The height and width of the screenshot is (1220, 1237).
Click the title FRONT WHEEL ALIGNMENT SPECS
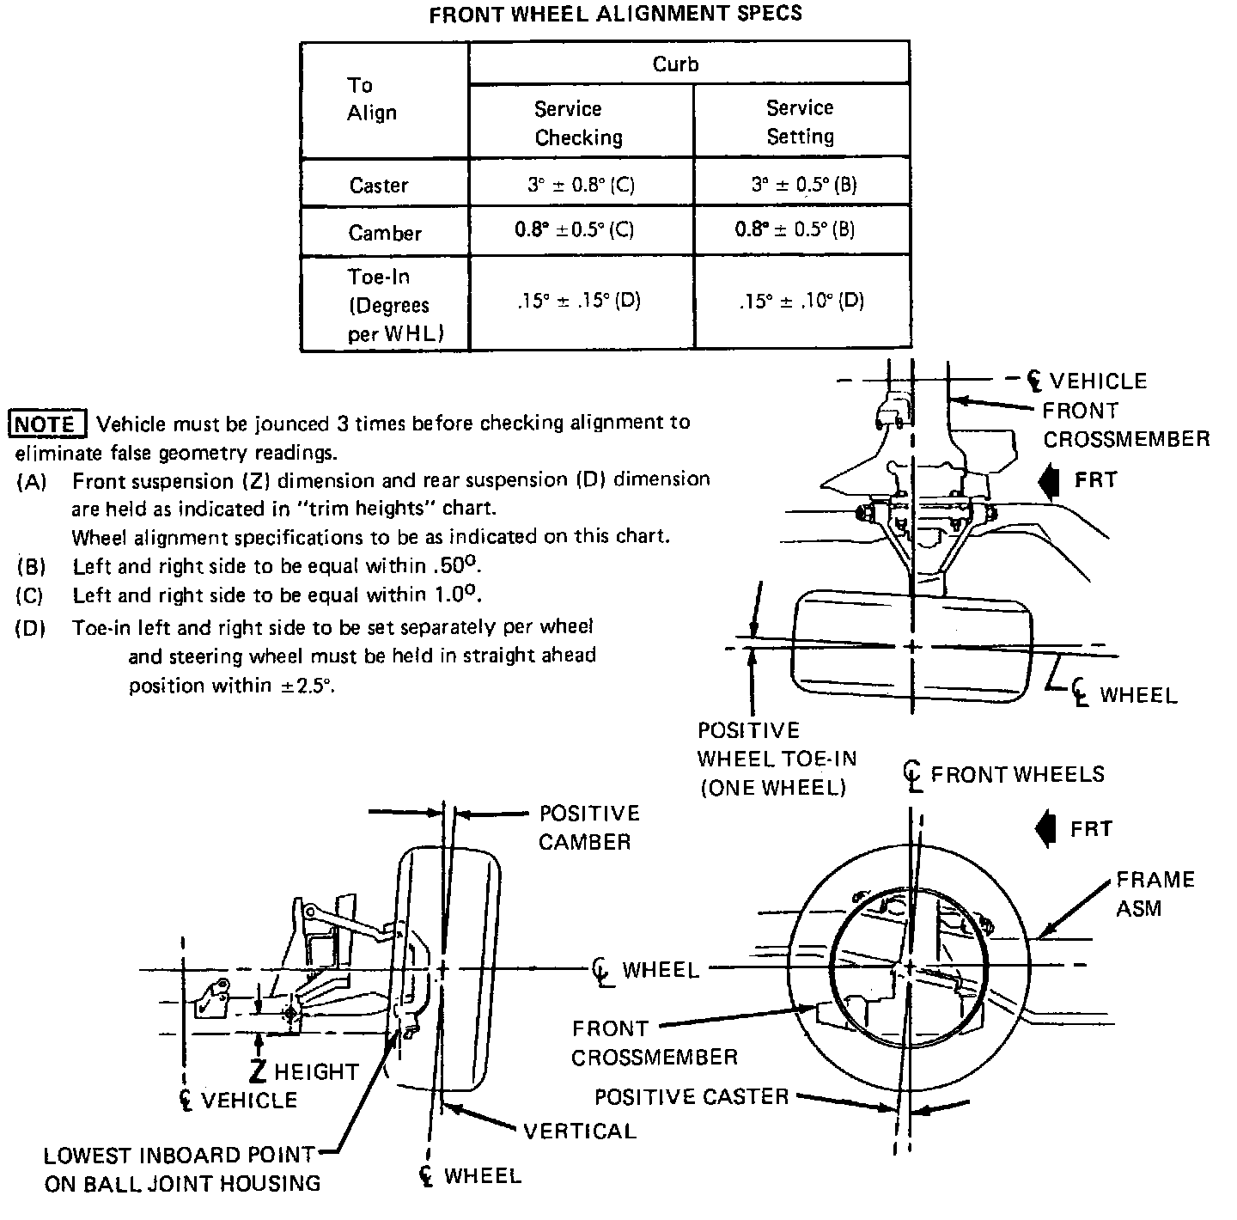[x=615, y=14]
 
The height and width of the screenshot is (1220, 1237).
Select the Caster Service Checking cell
[x=581, y=184]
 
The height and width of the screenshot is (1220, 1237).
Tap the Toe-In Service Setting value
[x=801, y=302]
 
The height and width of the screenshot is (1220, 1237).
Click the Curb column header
[x=675, y=64]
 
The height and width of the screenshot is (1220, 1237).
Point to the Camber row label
[x=385, y=233]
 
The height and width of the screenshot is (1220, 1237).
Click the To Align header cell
[x=371, y=99]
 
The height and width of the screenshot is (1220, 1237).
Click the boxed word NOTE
[x=46, y=424]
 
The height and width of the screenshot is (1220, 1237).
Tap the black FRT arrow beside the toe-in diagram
[x=1048, y=480]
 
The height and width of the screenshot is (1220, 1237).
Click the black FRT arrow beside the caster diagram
[x=1047, y=830]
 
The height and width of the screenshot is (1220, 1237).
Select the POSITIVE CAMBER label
[x=588, y=827]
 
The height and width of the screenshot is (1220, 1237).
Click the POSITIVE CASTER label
[x=691, y=1097]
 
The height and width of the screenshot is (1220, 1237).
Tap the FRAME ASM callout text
[x=1155, y=894]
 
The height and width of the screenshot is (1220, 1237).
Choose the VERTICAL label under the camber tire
[x=580, y=1131]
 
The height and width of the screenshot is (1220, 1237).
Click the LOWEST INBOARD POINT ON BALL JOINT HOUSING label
[x=182, y=1169]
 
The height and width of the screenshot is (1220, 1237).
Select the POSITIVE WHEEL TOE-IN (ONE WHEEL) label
[x=777, y=759]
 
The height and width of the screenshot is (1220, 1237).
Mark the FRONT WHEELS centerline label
[x=1015, y=774]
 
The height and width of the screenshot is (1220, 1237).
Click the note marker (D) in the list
[x=30, y=628]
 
